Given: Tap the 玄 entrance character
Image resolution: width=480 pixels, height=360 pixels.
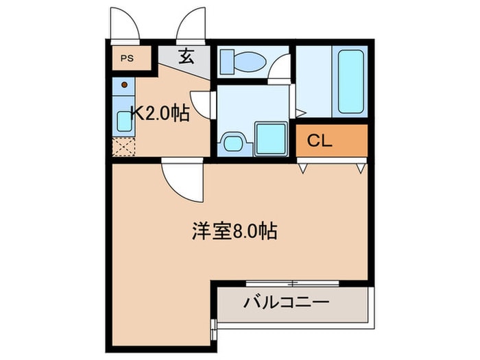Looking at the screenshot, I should pos(186,57).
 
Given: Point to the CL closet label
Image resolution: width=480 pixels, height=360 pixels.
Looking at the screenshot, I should pos(319,141).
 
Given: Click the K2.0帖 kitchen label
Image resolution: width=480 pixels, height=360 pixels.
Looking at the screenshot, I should pos(160,113).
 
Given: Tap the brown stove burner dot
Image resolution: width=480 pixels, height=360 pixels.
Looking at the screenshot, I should pos(124,86).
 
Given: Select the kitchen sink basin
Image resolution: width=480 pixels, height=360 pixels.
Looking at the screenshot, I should pos(124,121).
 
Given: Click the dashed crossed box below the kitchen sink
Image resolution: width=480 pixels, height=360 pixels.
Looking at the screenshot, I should pos(124,146).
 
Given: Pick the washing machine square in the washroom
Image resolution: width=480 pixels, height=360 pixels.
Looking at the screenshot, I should pos(270,139).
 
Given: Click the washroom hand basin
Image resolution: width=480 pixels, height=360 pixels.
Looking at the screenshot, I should pos(232,143).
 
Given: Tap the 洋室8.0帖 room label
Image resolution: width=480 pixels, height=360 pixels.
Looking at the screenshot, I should pos(234,231).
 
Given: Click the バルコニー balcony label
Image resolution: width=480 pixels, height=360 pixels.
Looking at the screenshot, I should pos(287,302).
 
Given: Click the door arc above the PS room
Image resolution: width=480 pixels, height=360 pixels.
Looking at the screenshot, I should pos(125,24).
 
